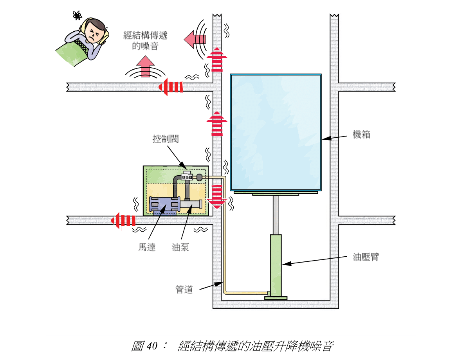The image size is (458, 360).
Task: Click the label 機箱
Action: coord(361,135)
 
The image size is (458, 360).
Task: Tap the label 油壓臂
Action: coord(366,257)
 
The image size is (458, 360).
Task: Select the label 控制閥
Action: coord(165,139)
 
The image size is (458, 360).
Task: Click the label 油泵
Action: coord(180,247)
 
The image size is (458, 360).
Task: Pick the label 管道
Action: coord(184,290)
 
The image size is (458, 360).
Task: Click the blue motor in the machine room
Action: coord(164,205)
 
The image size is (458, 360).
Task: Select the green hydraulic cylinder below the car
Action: coord(275,266)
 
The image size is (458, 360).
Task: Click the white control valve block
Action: coord(188,176)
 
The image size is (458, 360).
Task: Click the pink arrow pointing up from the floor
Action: coord(145,66)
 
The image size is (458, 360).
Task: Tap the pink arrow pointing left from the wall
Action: coord(194,39)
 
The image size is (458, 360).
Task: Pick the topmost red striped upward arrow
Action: coord(217,59)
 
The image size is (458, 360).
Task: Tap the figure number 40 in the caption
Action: coord(153,346)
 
